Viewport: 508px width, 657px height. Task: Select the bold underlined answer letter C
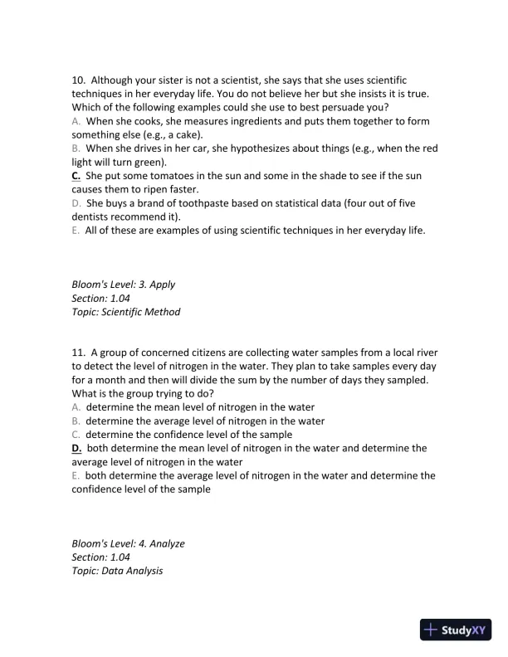coord(76,176)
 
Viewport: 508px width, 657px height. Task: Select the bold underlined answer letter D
coord(76,448)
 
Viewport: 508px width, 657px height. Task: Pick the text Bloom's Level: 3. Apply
coord(123,285)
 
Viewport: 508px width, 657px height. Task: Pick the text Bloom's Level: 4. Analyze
coord(128,543)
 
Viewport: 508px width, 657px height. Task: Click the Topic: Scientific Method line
coord(125,312)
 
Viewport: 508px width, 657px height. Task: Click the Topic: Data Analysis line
coord(116,571)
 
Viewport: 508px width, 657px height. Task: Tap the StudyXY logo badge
coord(457,630)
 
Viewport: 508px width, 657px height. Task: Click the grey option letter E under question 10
coord(76,231)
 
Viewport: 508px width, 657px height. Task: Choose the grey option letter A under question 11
coord(76,407)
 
